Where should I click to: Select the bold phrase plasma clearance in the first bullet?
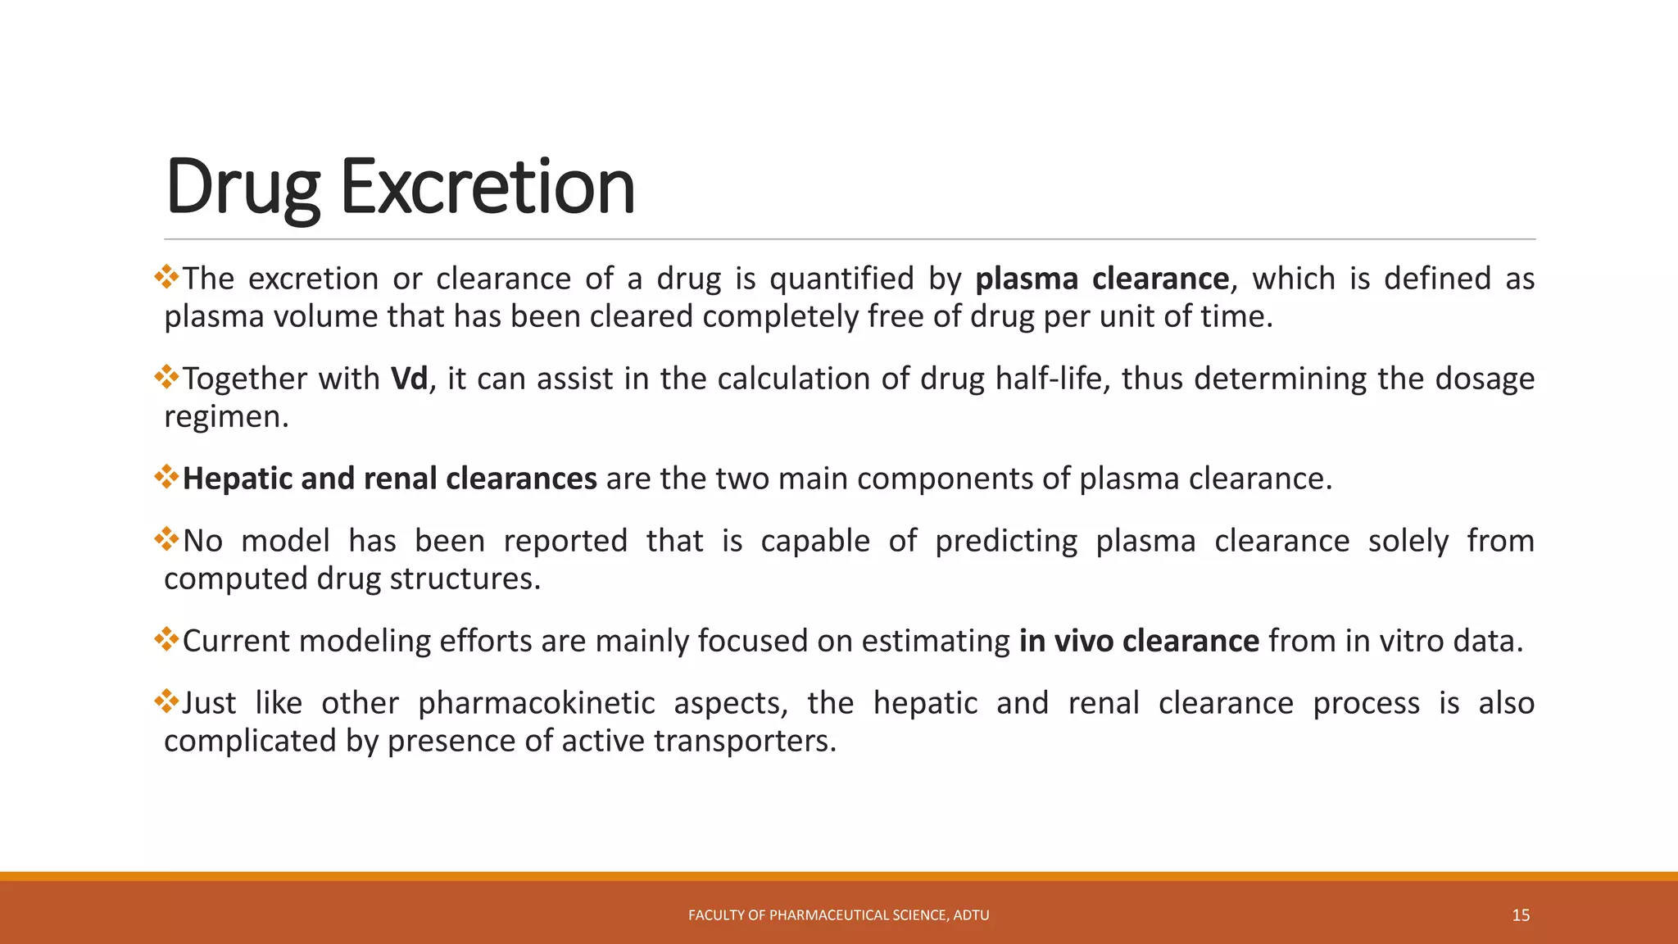1101,279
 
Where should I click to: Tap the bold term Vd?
409,379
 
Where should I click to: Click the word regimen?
225,417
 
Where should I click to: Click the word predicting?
1006,541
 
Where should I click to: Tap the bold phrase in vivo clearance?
1138,641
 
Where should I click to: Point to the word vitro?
1412,641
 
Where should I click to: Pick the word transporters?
745,741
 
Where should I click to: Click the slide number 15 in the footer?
1521,915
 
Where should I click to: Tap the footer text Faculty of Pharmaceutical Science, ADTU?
838,915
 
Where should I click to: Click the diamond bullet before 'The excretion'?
166,277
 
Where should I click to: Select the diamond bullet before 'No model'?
166,539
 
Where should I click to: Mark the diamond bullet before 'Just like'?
166,701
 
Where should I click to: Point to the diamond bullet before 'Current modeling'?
166,639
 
